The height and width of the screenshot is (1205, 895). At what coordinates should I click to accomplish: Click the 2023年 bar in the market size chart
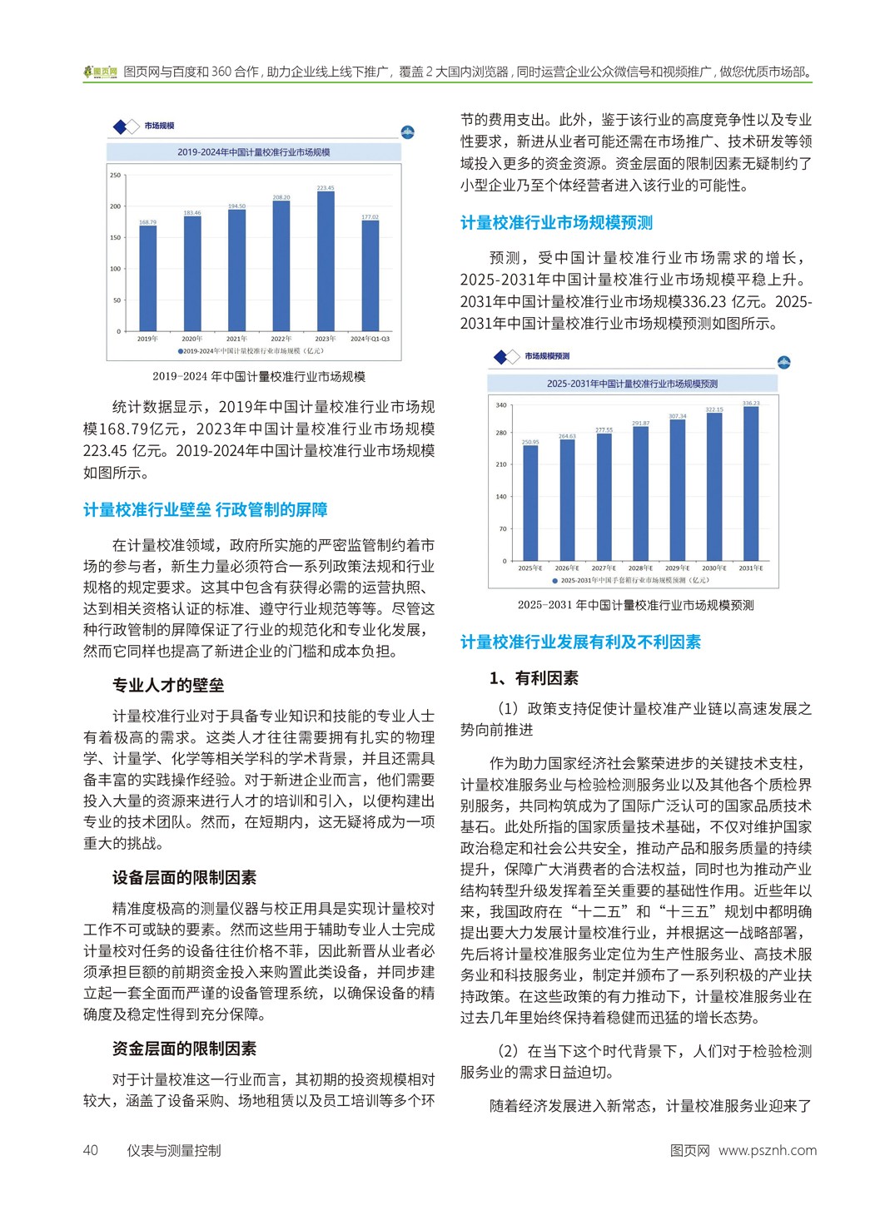pyautogui.click(x=326, y=261)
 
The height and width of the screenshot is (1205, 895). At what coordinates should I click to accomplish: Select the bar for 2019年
pyautogui.click(x=147, y=278)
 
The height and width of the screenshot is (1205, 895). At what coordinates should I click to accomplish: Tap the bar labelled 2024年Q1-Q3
pyautogui.click(x=370, y=275)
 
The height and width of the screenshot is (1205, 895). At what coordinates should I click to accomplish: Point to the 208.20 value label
pyautogui.click(x=281, y=197)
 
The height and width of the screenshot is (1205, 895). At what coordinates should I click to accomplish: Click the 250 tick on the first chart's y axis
pyautogui.click(x=115, y=175)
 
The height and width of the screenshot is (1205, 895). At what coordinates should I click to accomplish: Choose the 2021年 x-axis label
pyautogui.click(x=236, y=339)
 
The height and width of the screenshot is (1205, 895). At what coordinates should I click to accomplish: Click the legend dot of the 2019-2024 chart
pyautogui.click(x=180, y=351)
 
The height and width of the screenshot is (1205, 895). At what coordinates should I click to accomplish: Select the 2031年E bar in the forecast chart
pyautogui.click(x=751, y=483)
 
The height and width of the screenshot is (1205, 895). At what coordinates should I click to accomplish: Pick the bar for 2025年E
pyautogui.click(x=530, y=503)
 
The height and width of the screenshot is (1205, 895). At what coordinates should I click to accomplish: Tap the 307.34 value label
pyautogui.click(x=678, y=416)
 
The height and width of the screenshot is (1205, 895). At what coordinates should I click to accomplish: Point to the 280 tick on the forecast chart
pyautogui.click(x=501, y=433)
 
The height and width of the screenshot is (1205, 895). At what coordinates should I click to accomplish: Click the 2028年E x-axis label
pyautogui.click(x=640, y=568)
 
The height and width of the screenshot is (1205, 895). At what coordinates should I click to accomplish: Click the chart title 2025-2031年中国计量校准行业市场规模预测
pyautogui.click(x=632, y=384)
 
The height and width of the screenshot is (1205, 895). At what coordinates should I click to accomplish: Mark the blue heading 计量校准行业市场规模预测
pyautogui.click(x=556, y=223)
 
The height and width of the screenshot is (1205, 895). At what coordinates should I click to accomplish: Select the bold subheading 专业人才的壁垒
pyautogui.click(x=168, y=686)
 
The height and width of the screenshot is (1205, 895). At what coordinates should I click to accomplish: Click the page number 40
pyautogui.click(x=91, y=1150)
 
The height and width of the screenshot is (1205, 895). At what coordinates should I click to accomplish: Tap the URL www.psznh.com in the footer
pyautogui.click(x=767, y=1150)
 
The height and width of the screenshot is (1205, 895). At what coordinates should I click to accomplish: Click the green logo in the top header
pyautogui.click(x=101, y=72)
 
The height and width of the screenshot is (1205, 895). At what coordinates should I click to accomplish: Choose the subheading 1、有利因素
pyautogui.click(x=534, y=678)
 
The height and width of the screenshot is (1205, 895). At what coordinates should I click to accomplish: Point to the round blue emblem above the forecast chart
pyautogui.click(x=783, y=363)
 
